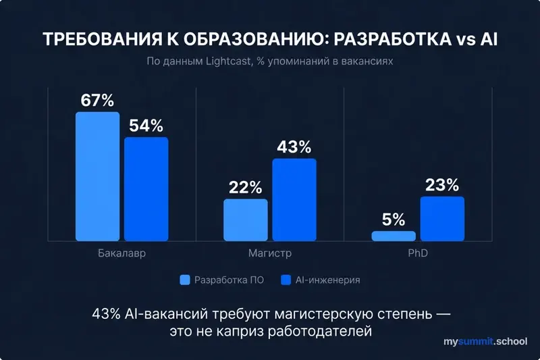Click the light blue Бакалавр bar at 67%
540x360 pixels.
click(x=97, y=176)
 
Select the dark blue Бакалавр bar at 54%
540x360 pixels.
click(x=146, y=189)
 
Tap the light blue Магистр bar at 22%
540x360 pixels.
click(x=245, y=220)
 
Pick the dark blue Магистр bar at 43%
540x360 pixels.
click(x=294, y=199)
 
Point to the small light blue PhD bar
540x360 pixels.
click(x=394, y=236)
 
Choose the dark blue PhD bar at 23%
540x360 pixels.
click(x=442, y=219)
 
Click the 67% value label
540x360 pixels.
click(x=97, y=101)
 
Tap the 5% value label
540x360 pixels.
click(x=394, y=220)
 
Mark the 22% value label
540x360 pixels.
click(x=245, y=188)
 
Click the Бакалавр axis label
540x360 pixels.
click(x=122, y=255)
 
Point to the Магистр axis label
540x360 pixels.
click(x=269, y=255)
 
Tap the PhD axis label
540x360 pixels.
click(x=418, y=255)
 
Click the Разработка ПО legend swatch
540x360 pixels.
click(x=185, y=280)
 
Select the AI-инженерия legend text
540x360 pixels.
click(x=327, y=280)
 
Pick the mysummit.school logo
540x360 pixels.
click(x=485, y=342)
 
